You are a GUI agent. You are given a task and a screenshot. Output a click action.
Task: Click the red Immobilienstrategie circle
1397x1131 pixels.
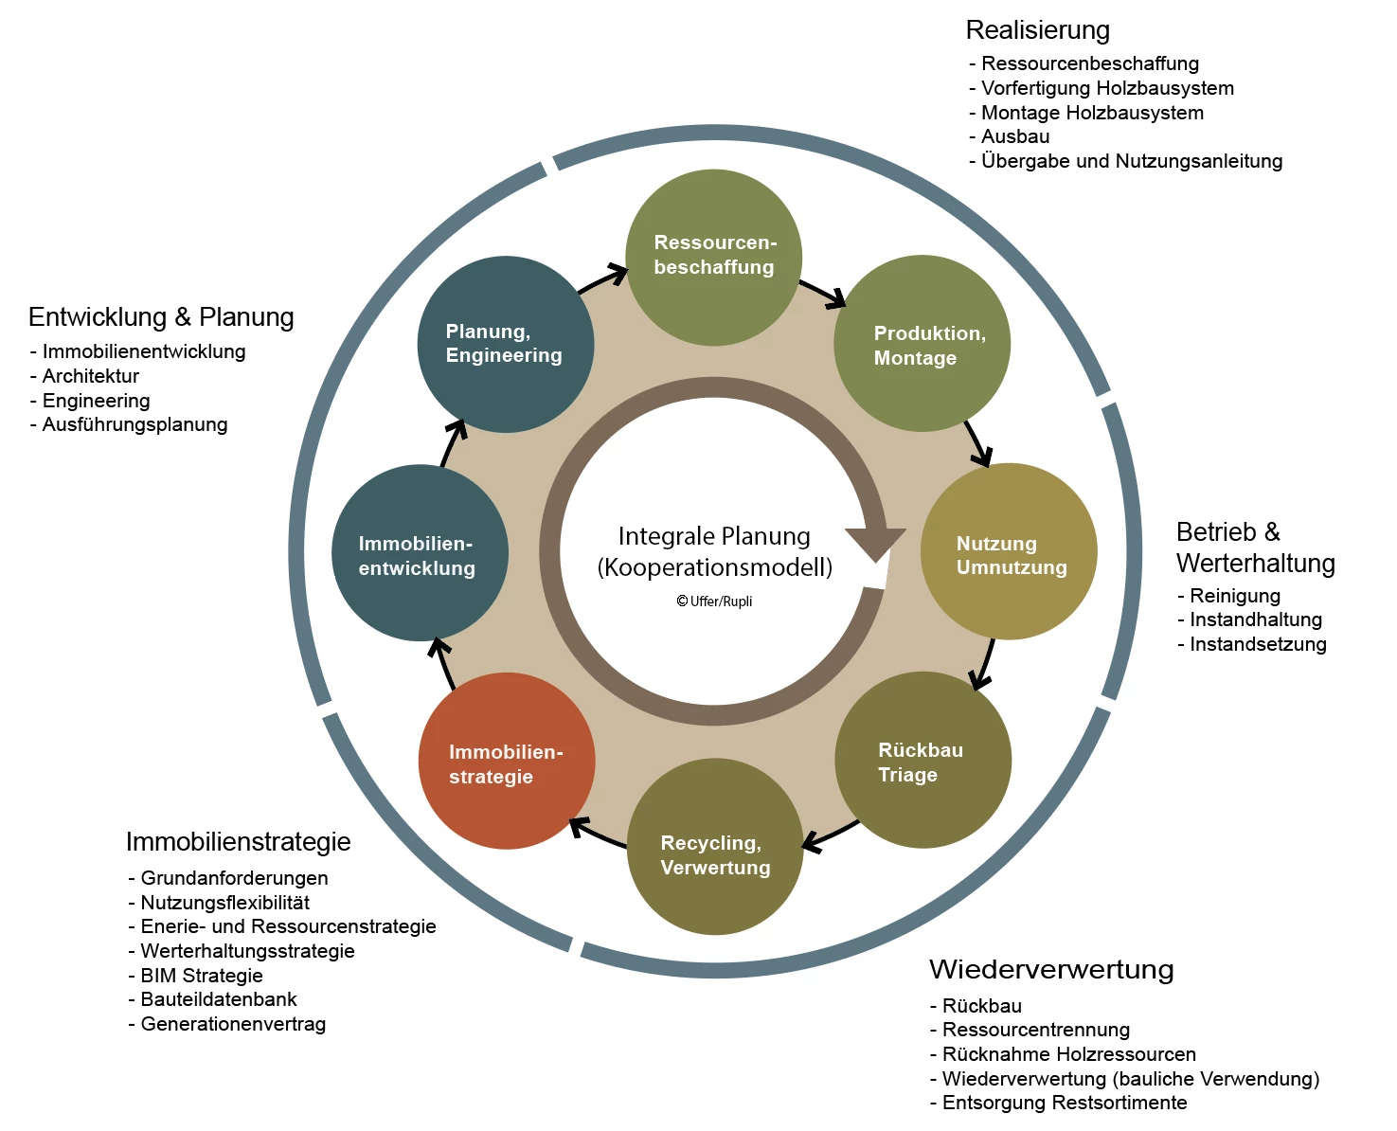pos(507,761)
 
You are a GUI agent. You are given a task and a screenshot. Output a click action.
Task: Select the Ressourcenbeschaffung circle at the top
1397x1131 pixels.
pos(714,258)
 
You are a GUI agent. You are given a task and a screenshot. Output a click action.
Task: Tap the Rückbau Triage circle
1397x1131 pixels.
pos(922,760)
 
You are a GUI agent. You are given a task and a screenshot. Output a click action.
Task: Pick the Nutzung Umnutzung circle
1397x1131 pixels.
pos(1009,551)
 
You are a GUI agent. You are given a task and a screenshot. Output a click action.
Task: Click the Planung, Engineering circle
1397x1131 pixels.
pos(506,345)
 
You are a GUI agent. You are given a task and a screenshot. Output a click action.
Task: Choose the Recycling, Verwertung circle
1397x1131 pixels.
pos(715,847)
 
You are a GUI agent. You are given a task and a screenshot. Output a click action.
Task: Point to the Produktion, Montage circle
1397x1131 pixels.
pos(922,344)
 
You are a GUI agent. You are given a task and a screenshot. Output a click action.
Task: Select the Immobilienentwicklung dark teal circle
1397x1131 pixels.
pos(420,552)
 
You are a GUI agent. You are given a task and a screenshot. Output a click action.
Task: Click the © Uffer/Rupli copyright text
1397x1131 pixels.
pos(714,601)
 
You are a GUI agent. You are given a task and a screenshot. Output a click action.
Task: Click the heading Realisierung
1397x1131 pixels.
pos(1037,30)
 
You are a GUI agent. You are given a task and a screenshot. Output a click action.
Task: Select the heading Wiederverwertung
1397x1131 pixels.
pos(1051,969)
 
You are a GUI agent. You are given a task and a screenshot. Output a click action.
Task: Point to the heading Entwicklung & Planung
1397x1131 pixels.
pos(161,316)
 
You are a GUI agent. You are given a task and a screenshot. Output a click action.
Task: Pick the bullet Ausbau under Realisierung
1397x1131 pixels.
pos(1014,136)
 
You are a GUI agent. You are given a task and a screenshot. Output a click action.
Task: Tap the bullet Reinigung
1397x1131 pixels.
pos(1234,596)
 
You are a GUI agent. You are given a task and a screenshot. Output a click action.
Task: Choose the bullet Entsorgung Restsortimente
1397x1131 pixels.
pos(1064,1103)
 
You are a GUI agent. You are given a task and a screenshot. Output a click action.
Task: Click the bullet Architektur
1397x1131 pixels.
pos(90,376)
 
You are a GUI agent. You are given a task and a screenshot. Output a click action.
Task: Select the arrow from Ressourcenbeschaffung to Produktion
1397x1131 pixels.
pos(822,293)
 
